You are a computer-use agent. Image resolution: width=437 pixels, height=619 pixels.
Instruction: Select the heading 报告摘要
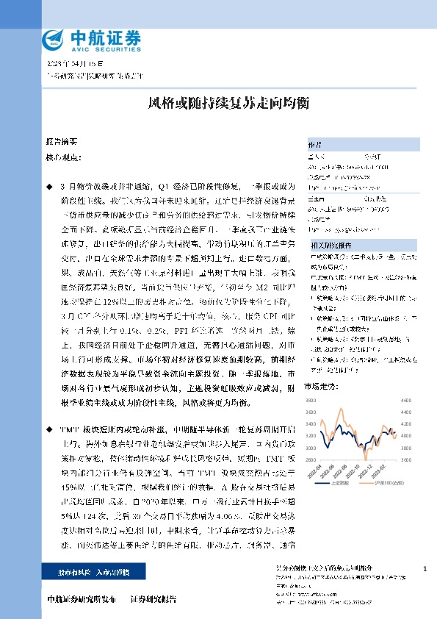[61, 140]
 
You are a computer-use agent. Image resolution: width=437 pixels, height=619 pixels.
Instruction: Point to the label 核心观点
[61, 157]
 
